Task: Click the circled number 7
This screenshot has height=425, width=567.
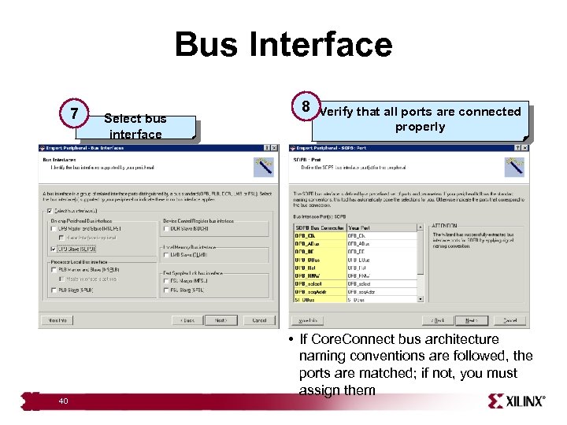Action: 74,115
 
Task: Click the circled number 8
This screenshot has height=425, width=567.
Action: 305,107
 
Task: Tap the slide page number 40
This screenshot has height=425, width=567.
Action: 63,401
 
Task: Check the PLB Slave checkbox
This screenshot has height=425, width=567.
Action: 53,290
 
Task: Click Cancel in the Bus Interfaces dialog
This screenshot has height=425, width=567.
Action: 259,320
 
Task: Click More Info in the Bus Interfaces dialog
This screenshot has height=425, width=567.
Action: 57,320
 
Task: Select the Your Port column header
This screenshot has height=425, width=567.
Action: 361,227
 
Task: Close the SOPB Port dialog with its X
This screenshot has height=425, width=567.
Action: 521,147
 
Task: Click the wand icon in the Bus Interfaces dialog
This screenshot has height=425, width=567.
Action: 263,166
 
